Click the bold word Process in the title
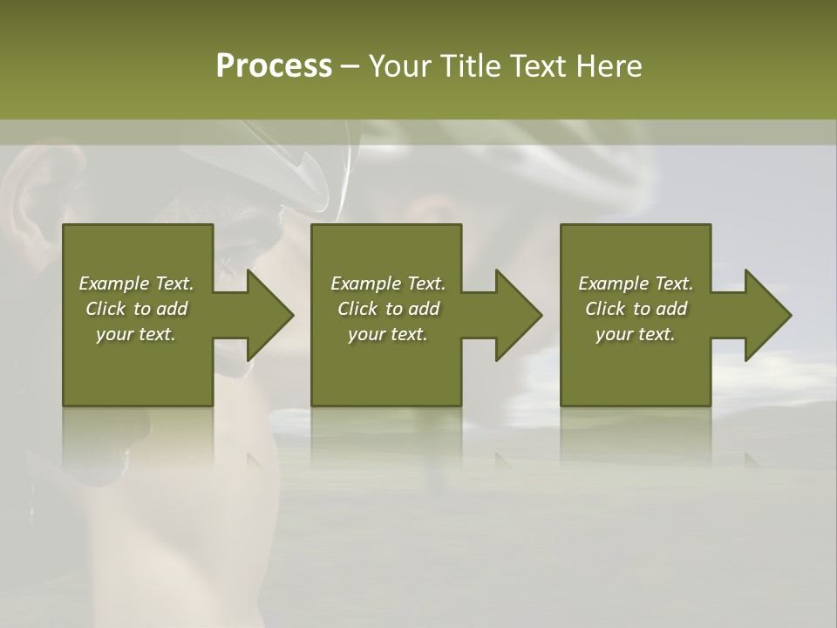(x=274, y=66)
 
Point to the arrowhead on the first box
(x=269, y=315)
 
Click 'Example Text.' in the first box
(x=136, y=283)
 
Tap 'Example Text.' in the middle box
(x=388, y=283)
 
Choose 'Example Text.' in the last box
(x=636, y=283)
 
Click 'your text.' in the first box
(x=136, y=334)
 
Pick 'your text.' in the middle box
(x=388, y=334)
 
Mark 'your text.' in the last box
(x=636, y=334)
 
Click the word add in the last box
(x=671, y=309)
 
